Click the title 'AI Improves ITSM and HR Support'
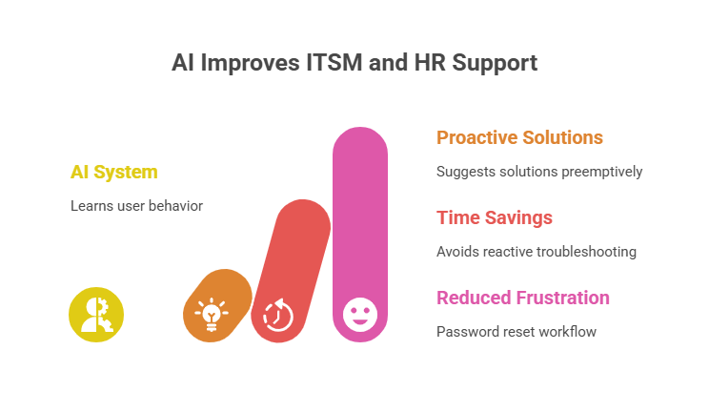(354, 64)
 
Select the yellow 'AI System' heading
(113, 172)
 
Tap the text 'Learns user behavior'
(136, 206)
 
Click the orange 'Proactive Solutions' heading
(519, 137)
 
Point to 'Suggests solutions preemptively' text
(539, 172)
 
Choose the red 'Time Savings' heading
(495, 217)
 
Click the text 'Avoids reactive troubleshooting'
(537, 252)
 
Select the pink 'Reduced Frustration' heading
(523, 298)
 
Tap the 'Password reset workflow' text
(516, 332)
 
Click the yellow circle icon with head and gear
(96, 314)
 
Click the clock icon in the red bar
(277, 314)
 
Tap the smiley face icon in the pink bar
(359, 314)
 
